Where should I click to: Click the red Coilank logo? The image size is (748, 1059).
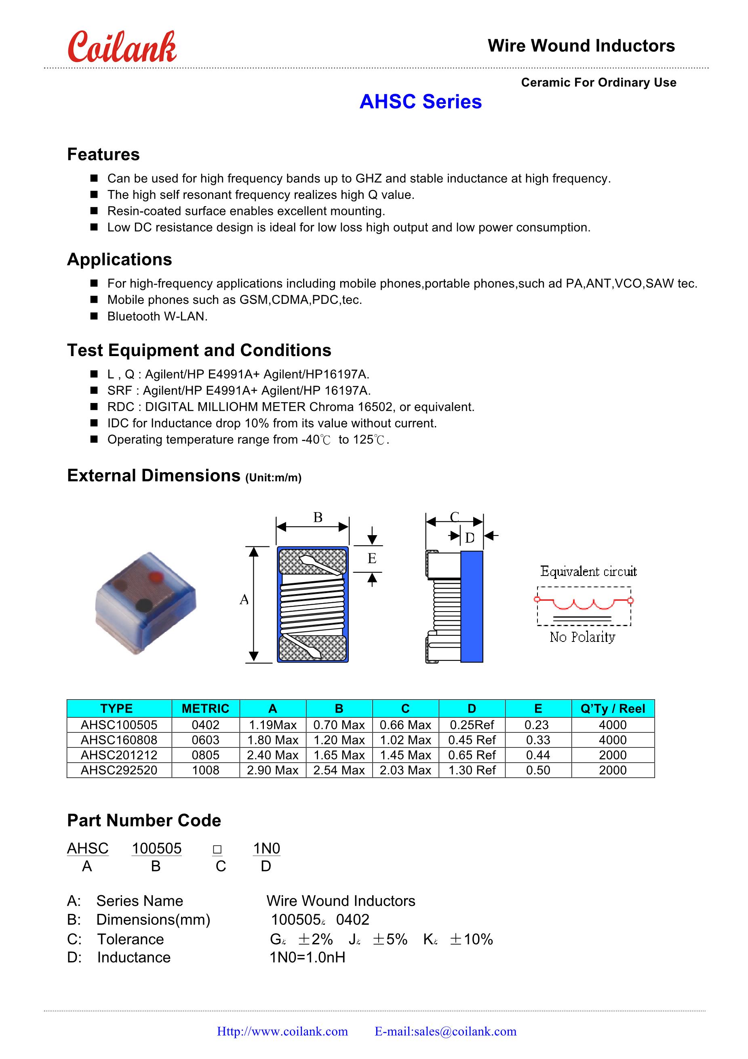point(122,48)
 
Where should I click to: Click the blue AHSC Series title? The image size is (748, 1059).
point(420,102)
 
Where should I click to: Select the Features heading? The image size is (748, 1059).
point(103,154)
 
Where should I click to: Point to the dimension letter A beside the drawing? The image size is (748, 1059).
point(244,599)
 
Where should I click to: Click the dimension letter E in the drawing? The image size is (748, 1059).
point(372,559)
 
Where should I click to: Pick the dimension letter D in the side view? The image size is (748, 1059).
point(470,538)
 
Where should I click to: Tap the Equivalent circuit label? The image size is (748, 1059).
point(588,572)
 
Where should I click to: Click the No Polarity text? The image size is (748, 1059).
point(582,637)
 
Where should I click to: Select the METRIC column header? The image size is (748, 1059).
point(206,709)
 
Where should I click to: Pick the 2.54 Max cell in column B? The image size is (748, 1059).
point(339,770)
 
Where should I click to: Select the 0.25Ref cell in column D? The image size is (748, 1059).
point(472,725)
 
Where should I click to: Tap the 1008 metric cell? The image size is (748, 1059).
point(206,770)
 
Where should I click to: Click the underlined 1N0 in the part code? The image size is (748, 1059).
point(267,848)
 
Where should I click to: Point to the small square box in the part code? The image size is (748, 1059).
point(217,849)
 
